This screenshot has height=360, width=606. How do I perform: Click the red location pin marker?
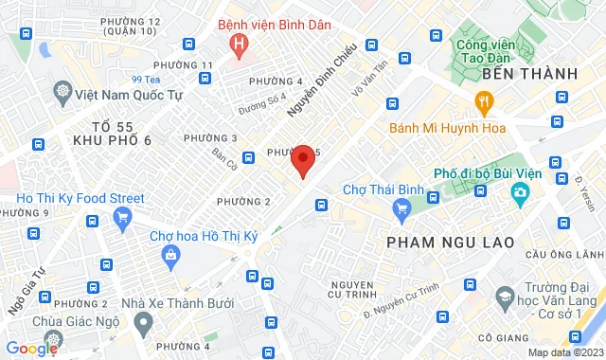pyautogui.click(x=303, y=159)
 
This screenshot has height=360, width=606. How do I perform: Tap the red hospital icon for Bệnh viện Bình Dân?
pyautogui.click(x=241, y=43)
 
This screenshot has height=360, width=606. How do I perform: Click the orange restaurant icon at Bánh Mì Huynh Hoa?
pyautogui.click(x=483, y=102)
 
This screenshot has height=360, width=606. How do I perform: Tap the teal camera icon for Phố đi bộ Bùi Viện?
pyautogui.click(x=520, y=195)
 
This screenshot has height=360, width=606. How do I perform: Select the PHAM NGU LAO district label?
pyautogui.click(x=451, y=243)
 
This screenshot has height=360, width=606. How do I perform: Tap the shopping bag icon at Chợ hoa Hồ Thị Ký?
pyautogui.click(x=170, y=254)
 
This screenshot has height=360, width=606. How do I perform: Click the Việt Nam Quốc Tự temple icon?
pyautogui.click(x=62, y=93)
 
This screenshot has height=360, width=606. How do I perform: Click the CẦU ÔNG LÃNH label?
pyautogui.click(x=563, y=254)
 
